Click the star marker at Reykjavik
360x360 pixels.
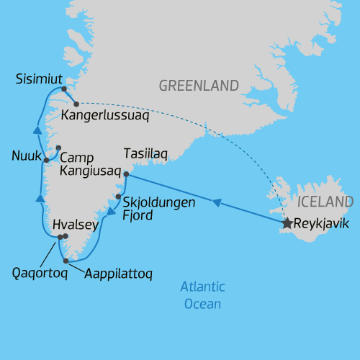[x=287, y=224]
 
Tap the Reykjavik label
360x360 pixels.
[x=321, y=224]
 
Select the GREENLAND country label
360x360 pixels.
[x=199, y=86]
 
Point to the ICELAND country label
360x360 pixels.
[x=325, y=202]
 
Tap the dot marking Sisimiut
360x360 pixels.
[x=64, y=89]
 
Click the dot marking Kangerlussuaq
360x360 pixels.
[x=76, y=104]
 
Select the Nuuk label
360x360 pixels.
[x=24, y=156]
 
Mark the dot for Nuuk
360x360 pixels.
[x=46, y=160]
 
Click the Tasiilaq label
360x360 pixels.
[x=145, y=155]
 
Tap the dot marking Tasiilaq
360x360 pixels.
[x=126, y=174]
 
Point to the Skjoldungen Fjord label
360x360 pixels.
[x=158, y=209]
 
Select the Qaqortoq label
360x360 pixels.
[x=40, y=273]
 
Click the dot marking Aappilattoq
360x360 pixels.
[x=66, y=261]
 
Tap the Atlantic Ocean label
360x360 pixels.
[x=202, y=295]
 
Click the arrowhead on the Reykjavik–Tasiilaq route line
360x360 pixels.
[x=217, y=203]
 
